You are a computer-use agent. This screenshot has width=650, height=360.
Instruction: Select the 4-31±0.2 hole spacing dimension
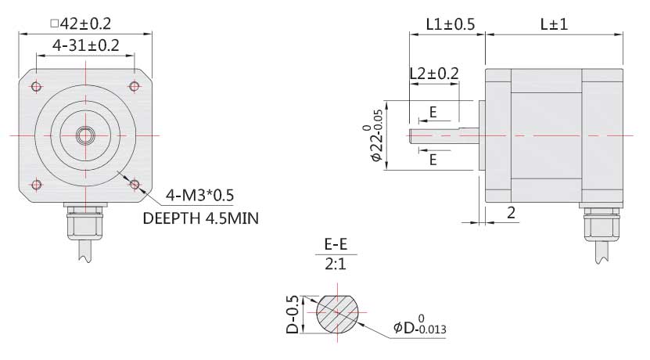[x=85, y=46]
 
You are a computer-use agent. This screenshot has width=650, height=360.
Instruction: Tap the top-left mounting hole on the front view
[x=36, y=85]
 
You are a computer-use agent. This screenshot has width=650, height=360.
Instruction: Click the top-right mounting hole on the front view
[x=135, y=85]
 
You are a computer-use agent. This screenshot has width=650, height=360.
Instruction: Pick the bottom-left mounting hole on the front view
[x=36, y=185]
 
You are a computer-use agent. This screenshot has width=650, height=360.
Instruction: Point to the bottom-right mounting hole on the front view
[x=135, y=185]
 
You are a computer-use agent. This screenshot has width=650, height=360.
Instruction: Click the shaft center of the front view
[x=85, y=135]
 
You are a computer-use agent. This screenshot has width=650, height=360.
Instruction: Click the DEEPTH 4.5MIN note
[x=200, y=218]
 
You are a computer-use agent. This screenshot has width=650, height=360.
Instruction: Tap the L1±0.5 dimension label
[x=450, y=24]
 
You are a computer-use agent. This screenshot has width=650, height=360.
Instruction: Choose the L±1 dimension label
[x=554, y=24]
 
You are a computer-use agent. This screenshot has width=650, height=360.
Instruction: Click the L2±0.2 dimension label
[x=434, y=73]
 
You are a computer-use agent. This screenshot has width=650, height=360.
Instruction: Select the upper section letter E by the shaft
[x=433, y=113]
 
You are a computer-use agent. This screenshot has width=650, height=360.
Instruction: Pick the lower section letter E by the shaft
[x=433, y=160]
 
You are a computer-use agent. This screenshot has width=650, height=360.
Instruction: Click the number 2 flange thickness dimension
[x=510, y=212]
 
